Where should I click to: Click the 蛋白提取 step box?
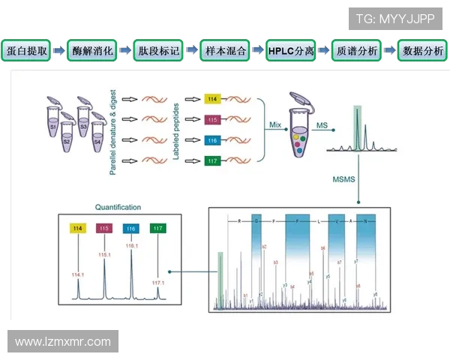(x=28, y=52)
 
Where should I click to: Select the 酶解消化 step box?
(x=93, y=52)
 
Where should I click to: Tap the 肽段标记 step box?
(x=158, y=52)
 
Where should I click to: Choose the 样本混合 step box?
(x=224, y=52)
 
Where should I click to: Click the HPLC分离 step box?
(x=290, y=52)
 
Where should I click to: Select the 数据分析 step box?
(x=422, y=52)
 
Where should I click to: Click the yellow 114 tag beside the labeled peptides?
(x=214, y=99)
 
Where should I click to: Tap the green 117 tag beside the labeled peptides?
(x=214, y=160)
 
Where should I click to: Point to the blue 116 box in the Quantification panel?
(x=131, y=228)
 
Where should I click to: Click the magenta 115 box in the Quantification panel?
(x=104, y=228)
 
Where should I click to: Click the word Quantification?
(x=118, y=207)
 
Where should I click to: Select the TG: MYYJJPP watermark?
(x=396, y=17)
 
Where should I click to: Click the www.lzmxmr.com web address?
(x=63, y=342)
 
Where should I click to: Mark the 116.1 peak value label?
(x=131, y=245)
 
